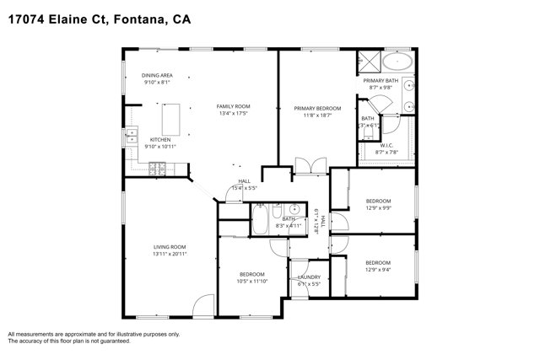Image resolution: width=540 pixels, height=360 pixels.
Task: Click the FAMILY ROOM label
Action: click(x=234, y=106)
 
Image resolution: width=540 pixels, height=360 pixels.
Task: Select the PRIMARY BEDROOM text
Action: click(x=317, y=108)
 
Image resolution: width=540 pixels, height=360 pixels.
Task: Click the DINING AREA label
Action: click(x=158, y=76)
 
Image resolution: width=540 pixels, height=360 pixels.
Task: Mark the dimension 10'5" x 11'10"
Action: click(x=252, y=281)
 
